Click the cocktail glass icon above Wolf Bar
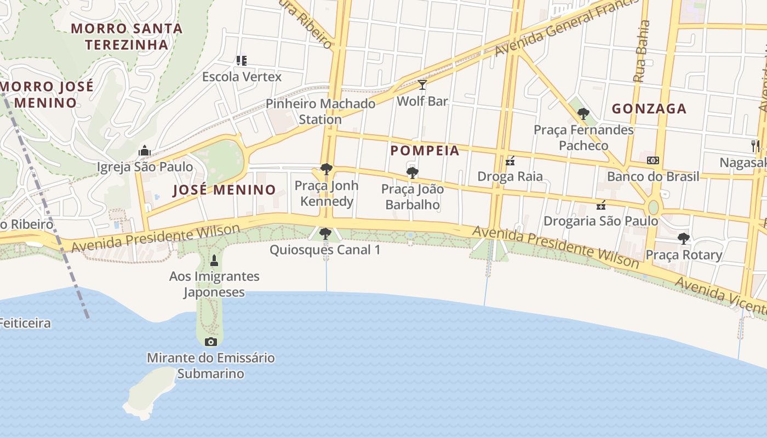(x=422, y=84)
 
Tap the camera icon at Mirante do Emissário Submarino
(x=210, y=342)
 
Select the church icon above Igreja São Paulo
(x=145, y=150)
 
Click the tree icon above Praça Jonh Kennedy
(x=327, y=169)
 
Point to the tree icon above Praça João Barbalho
(x=413, y=173)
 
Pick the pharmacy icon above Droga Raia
(x=510, y=160)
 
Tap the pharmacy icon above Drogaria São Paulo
(x=600, y=205)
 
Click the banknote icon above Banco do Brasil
(x=653, y=160)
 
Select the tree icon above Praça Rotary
(x=683, y=239)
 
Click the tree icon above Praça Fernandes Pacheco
(x=583, y=114)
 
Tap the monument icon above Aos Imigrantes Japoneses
(x=214, y=260)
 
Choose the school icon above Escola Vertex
(x=241, y=60)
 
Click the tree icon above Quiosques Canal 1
(x=325, y=234)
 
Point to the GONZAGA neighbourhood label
(x=649, y=108)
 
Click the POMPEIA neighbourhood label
(x=425, y=151)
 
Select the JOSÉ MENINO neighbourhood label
(x=225, y=190)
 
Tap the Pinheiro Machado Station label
(x=320, y=111)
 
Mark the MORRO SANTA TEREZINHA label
(x=127, y=36)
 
